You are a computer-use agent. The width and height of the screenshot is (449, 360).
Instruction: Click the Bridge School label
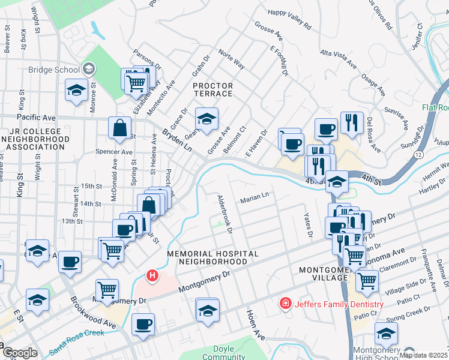[x=54, y=70]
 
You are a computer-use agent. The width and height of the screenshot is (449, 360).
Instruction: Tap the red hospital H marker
[x=152, y=276]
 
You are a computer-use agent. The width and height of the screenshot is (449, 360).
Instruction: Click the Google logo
[x=19, y=353]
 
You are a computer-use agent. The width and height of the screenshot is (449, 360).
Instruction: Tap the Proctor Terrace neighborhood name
[x=213, y=89]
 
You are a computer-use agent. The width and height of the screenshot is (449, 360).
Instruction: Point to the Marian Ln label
[x=255, y=200]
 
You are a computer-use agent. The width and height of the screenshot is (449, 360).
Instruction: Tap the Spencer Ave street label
[x=113, y=152]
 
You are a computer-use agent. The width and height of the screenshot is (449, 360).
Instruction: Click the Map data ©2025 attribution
[x=422, y=355]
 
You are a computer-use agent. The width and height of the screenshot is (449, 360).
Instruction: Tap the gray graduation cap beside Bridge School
[x=89, y=69]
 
